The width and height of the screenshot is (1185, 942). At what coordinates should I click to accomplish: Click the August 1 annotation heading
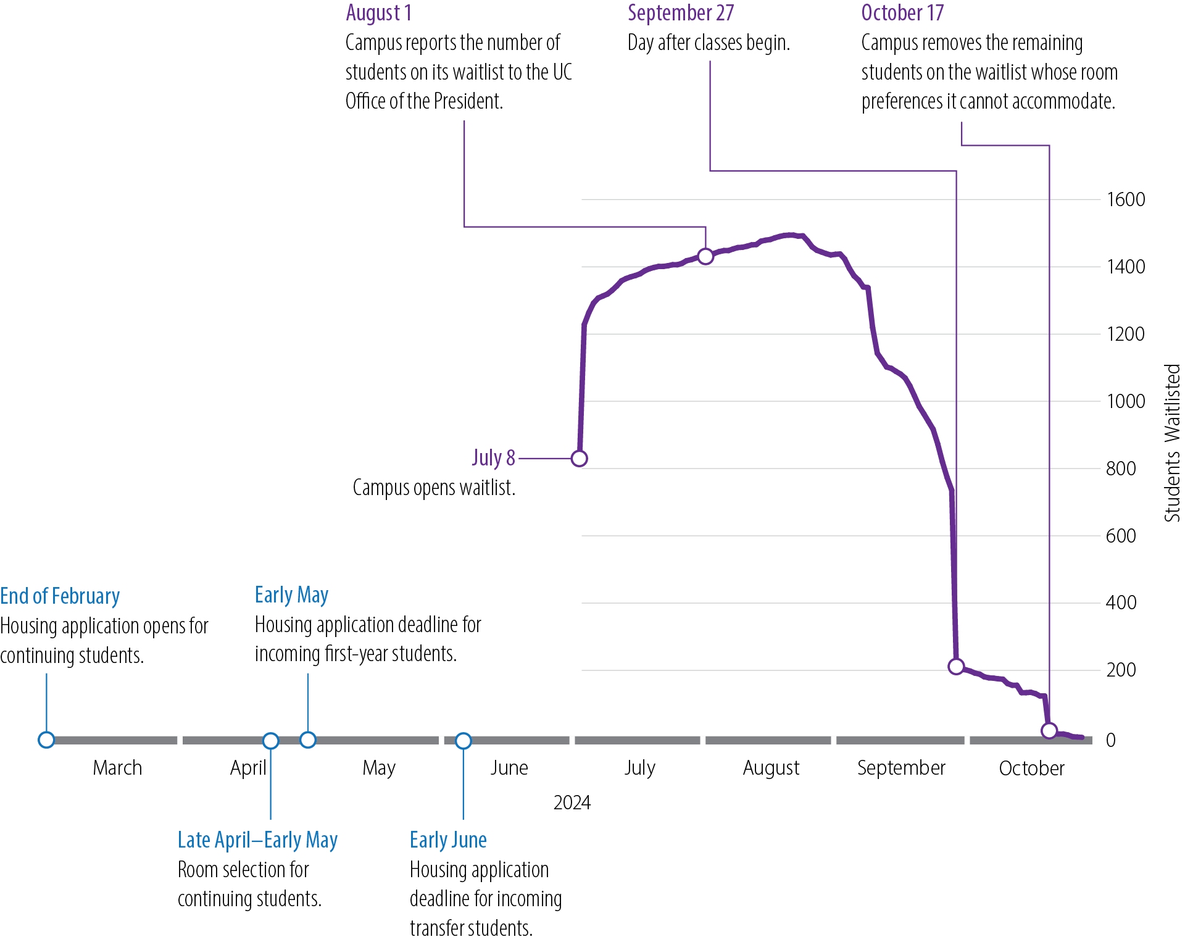(x=378, y=13)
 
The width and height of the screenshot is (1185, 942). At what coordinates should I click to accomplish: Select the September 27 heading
(x=680, y=13)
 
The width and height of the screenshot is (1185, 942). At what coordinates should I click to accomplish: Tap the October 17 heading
(x=902, y=13)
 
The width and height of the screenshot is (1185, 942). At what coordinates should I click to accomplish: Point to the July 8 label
(x=493, y=458)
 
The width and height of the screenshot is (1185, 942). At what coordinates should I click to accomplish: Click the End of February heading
(x=60, y=596)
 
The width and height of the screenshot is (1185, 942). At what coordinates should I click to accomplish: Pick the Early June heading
(x=448, y=840)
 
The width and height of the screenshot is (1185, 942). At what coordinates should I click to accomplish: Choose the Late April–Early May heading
(x=257, y=840)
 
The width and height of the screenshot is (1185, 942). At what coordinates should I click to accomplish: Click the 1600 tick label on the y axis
(x=1125, y=200)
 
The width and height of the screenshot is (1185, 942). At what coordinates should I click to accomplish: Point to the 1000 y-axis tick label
(x=1125, y=402)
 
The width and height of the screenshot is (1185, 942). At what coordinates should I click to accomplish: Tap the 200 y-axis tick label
(x=1121, y=670)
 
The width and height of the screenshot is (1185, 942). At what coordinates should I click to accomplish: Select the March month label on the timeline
(x=117, y=768)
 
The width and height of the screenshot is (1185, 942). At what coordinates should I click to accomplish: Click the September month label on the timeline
(x=901, y=768)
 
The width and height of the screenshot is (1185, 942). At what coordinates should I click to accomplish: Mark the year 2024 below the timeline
(x=572, y=802)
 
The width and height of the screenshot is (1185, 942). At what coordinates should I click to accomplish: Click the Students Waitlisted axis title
(x=1172, y=443)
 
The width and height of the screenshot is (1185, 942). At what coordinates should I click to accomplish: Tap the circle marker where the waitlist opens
(x=579, y=459)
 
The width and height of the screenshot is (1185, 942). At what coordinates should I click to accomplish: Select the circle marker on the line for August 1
(x=705, y=256)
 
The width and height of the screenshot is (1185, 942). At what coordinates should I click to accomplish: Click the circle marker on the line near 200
(x=956, y=667)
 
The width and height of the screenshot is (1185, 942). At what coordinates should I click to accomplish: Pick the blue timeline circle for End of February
(x=46, y=740)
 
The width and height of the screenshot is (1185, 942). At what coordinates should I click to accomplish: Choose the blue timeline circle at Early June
(x=464, y=740)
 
